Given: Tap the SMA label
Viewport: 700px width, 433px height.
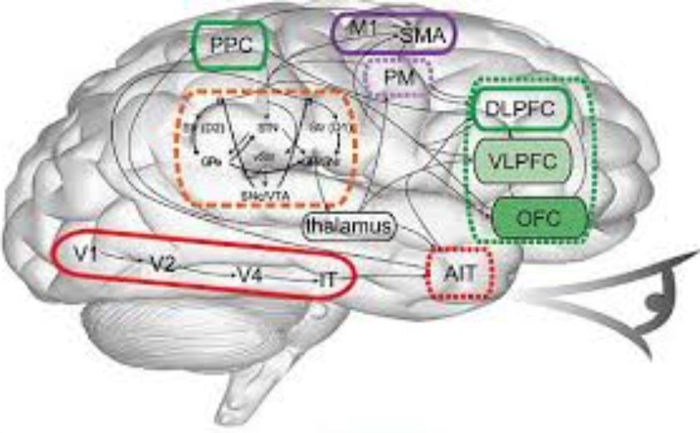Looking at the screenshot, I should (x=423, y=35).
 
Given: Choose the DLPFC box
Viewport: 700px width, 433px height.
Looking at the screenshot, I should (x=522, y=109).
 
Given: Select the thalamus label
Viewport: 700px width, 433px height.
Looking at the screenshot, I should (x=347, y=226).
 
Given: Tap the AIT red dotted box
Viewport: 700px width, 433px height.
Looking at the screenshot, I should (x=461, y=271).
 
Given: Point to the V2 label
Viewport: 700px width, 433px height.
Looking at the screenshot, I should (x=162, y=264).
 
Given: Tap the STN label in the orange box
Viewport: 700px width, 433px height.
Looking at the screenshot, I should (x=264, y=129).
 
